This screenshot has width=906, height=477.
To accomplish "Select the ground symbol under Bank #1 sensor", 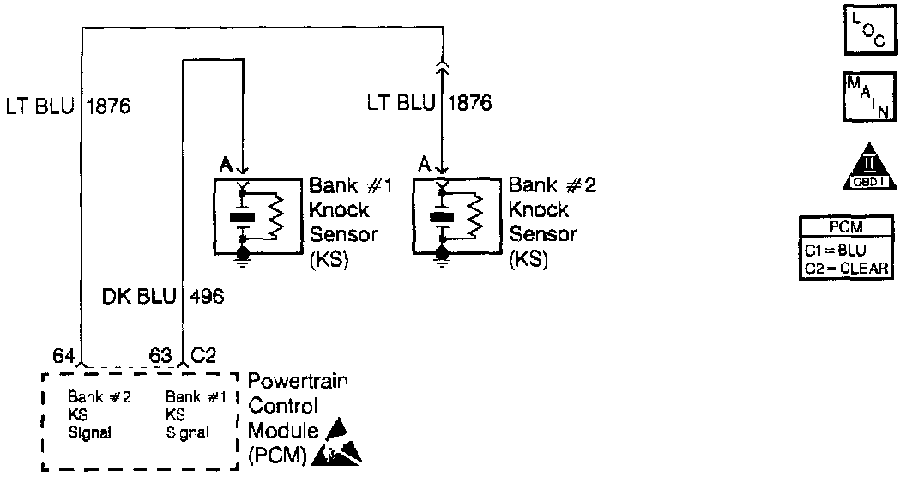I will point(244,255).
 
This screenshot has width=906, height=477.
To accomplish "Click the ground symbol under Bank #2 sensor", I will point(443,255).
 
